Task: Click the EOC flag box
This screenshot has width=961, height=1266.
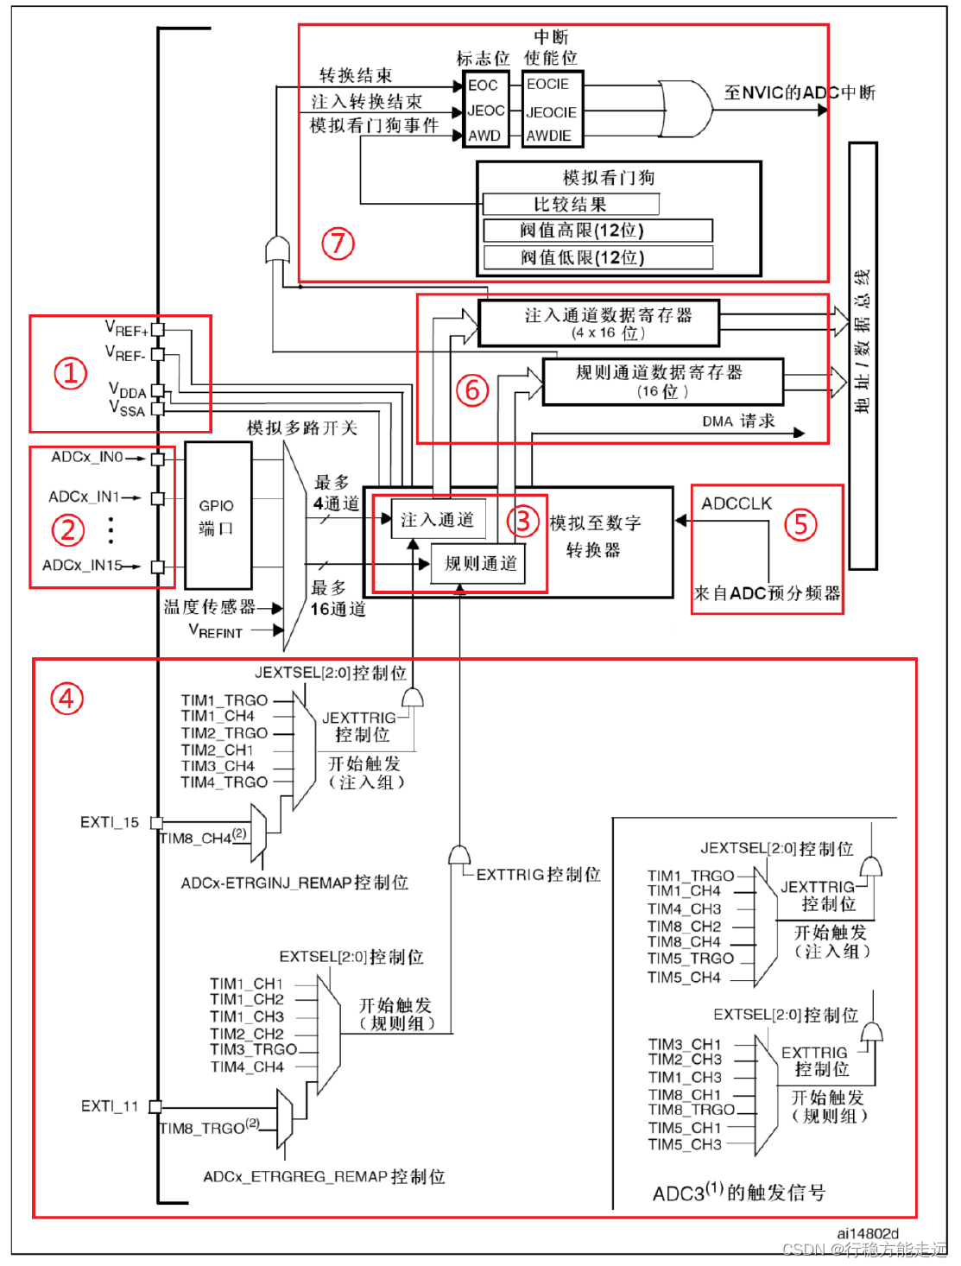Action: [484, 85]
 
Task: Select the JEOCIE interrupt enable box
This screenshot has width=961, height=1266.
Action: [552, 112]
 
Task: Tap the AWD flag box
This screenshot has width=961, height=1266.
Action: [484, 136]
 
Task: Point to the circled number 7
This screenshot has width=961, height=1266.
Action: [338, 244]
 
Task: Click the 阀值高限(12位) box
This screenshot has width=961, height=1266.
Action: [597, 231]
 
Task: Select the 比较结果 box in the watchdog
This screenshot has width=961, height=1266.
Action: [571, 205]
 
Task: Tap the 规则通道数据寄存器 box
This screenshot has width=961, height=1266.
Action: [662, 381]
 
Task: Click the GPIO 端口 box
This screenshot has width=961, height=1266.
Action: [217, 516]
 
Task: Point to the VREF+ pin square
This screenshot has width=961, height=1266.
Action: [158, 330]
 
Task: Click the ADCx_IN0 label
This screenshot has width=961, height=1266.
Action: [87, 457]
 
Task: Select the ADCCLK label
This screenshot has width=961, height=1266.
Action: [737, 503]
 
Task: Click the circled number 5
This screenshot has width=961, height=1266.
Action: [800, 524]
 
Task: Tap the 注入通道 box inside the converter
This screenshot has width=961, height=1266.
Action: [437, 520]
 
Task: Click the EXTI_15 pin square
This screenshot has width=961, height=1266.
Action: [156, 822]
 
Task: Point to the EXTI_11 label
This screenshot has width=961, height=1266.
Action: [110, 1106]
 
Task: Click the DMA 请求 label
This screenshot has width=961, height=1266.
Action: [738, 421]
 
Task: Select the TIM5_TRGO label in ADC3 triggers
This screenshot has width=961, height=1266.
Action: [691, 959]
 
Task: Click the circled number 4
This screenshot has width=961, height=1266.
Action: [67, 698]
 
